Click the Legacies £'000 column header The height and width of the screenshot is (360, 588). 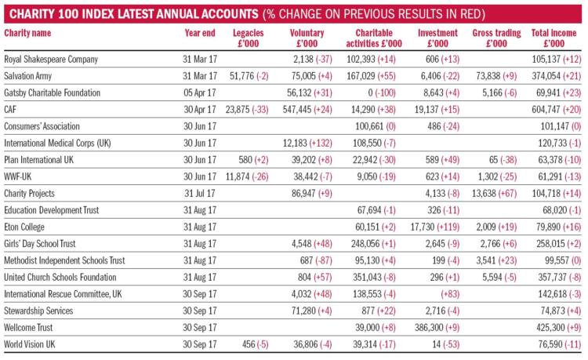[x=249, y=38]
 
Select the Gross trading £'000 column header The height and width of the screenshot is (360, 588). [x=496, y=38]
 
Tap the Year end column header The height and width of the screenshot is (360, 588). [x=200, y=33]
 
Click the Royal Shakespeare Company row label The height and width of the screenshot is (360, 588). [x=51, y=60]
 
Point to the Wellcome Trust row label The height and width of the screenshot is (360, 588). [x=28, y=327]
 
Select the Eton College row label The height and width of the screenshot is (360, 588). [x=24, y=227]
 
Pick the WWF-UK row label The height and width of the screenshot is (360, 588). [x=18, y=176]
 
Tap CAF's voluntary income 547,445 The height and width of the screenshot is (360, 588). [x=296, y=110]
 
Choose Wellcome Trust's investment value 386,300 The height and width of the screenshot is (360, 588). [x=427, y=327]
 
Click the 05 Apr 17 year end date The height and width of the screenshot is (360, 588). [x=200, y=93]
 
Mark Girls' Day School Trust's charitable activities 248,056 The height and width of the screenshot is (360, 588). [x=365, y=244]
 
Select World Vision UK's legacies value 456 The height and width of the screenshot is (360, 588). [x=249, y=344]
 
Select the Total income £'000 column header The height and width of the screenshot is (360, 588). [x=554, y=38]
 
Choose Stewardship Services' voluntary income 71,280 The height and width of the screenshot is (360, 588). [x=303, y=311]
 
